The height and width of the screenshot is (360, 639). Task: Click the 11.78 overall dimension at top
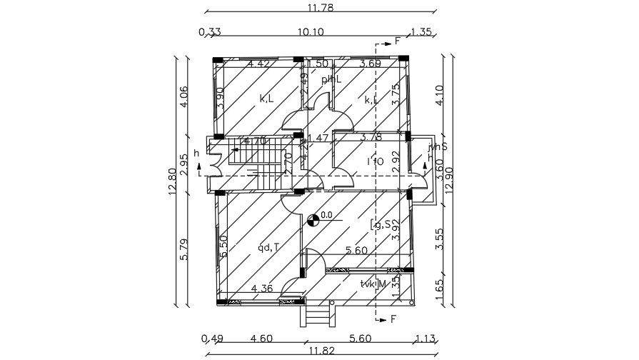pyautogui.click(x=320, y=8)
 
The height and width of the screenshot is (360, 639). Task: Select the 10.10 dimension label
pyautogui.click(x=311, y=31)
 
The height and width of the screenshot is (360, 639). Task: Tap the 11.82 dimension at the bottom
pyautogui.click(x=319, y=351)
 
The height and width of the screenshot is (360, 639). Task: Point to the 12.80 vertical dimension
pyautogui.click(x=172, y=184)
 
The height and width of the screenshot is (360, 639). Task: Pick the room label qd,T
pyautogui.click(x=268, y=248)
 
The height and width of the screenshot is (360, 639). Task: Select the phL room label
pyautogui.click(x=331, y=79)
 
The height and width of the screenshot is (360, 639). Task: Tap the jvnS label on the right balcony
pyautogui.click(x=437, y=148)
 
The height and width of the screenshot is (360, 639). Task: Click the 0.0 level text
pyautogui.click(x=327, y=214)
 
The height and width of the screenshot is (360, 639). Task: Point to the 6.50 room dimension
pyautogui.click(x=223, y=246)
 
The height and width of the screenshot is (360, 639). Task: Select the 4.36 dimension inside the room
pyautogui.click(x=262, y=289)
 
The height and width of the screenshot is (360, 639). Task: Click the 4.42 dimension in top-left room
pyautogui.click(x=259, y=64)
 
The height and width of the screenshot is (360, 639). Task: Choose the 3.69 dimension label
pyautogui.click(x=371, y=64)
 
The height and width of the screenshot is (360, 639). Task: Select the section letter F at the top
pyautogui.click(x=398, y=41)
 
